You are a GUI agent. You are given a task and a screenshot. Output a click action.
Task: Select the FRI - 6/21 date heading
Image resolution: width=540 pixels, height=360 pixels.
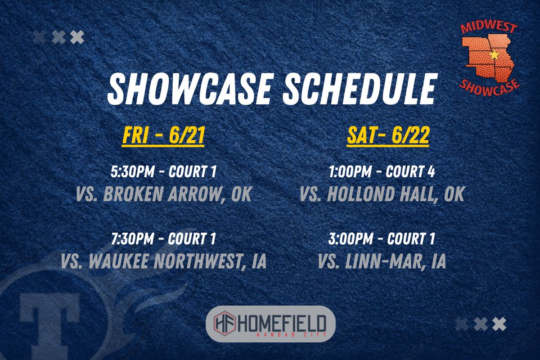point(163,136)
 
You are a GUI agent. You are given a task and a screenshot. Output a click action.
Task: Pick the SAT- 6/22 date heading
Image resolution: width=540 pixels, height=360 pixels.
point(387,136)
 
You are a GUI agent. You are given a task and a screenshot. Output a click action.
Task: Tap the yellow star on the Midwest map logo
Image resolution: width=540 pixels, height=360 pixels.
point(495,55)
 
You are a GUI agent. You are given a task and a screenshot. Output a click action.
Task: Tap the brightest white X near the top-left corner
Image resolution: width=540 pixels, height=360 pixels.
point(77,37)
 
